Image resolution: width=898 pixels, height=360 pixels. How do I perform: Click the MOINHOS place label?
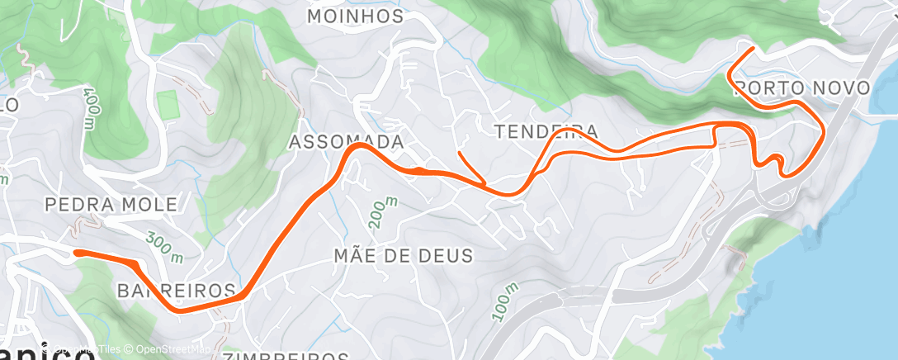[355, 17]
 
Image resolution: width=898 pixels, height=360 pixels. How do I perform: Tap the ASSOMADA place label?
[346, 142]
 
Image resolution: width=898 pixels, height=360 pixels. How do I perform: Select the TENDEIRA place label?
[545, 131]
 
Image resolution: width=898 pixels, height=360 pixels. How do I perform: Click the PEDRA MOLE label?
[111, 203]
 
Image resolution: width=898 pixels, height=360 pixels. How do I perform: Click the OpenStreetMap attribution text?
[161, 349]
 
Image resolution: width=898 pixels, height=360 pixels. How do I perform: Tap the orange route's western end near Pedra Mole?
[75, 253]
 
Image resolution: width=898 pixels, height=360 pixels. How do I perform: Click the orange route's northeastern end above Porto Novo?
[753, 49]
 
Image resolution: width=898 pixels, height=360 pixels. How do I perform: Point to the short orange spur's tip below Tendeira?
[458, 152]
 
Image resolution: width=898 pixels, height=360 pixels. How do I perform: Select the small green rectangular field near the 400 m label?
[168, 105]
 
